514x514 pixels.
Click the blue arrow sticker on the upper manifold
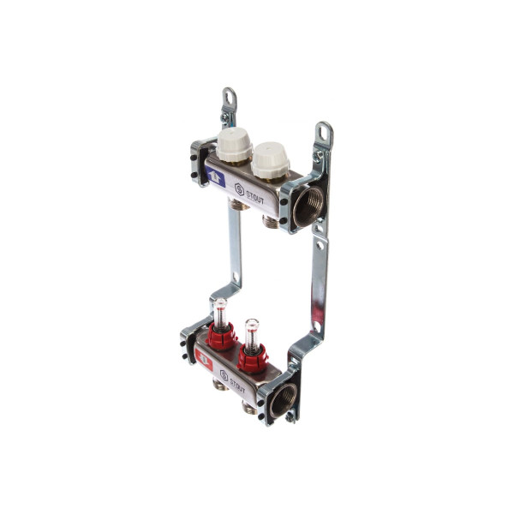point(215,176)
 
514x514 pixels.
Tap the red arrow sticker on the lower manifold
point(204,360)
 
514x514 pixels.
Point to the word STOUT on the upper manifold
point(254,196)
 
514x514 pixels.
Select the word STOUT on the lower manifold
point(237,385)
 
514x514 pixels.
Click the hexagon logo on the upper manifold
point(239,189)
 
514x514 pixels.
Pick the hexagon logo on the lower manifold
point(224,376)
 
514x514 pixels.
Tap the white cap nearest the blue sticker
point(234,144)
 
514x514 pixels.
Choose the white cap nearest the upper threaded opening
point(271,161)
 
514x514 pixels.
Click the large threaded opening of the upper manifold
point(308,207)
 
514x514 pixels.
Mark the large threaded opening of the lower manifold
point(283,400)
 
